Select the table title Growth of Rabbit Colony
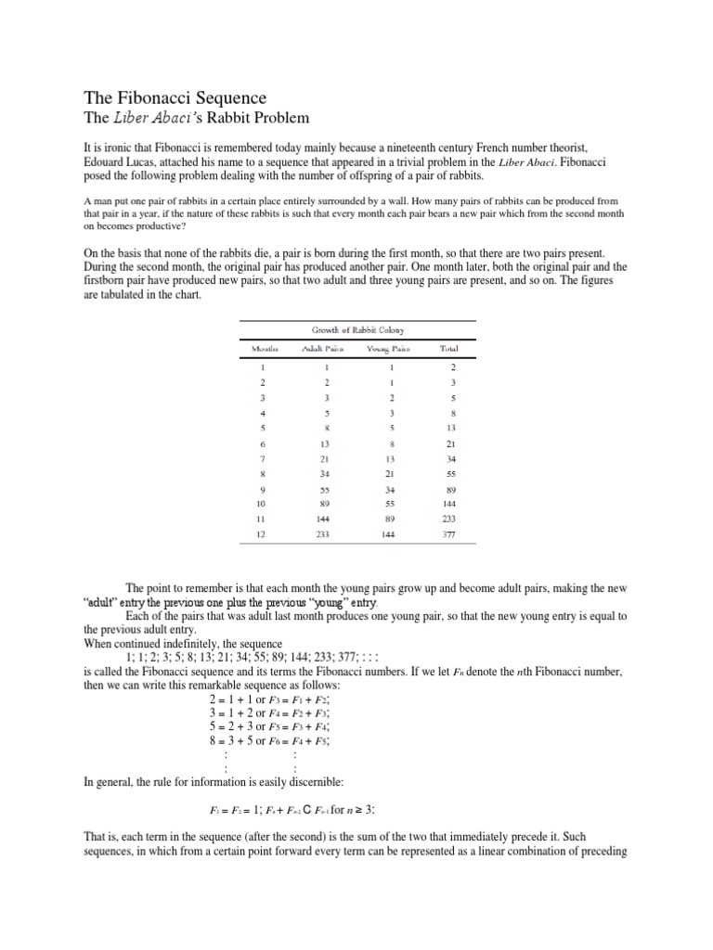tap(357, 329)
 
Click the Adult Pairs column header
tap(317, 349)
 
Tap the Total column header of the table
tap(450, 349)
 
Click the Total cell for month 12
tap(450, 535)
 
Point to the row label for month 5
tap(263, 428)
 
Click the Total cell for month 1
tap(450, 367)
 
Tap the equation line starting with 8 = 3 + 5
tap(271, 740)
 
